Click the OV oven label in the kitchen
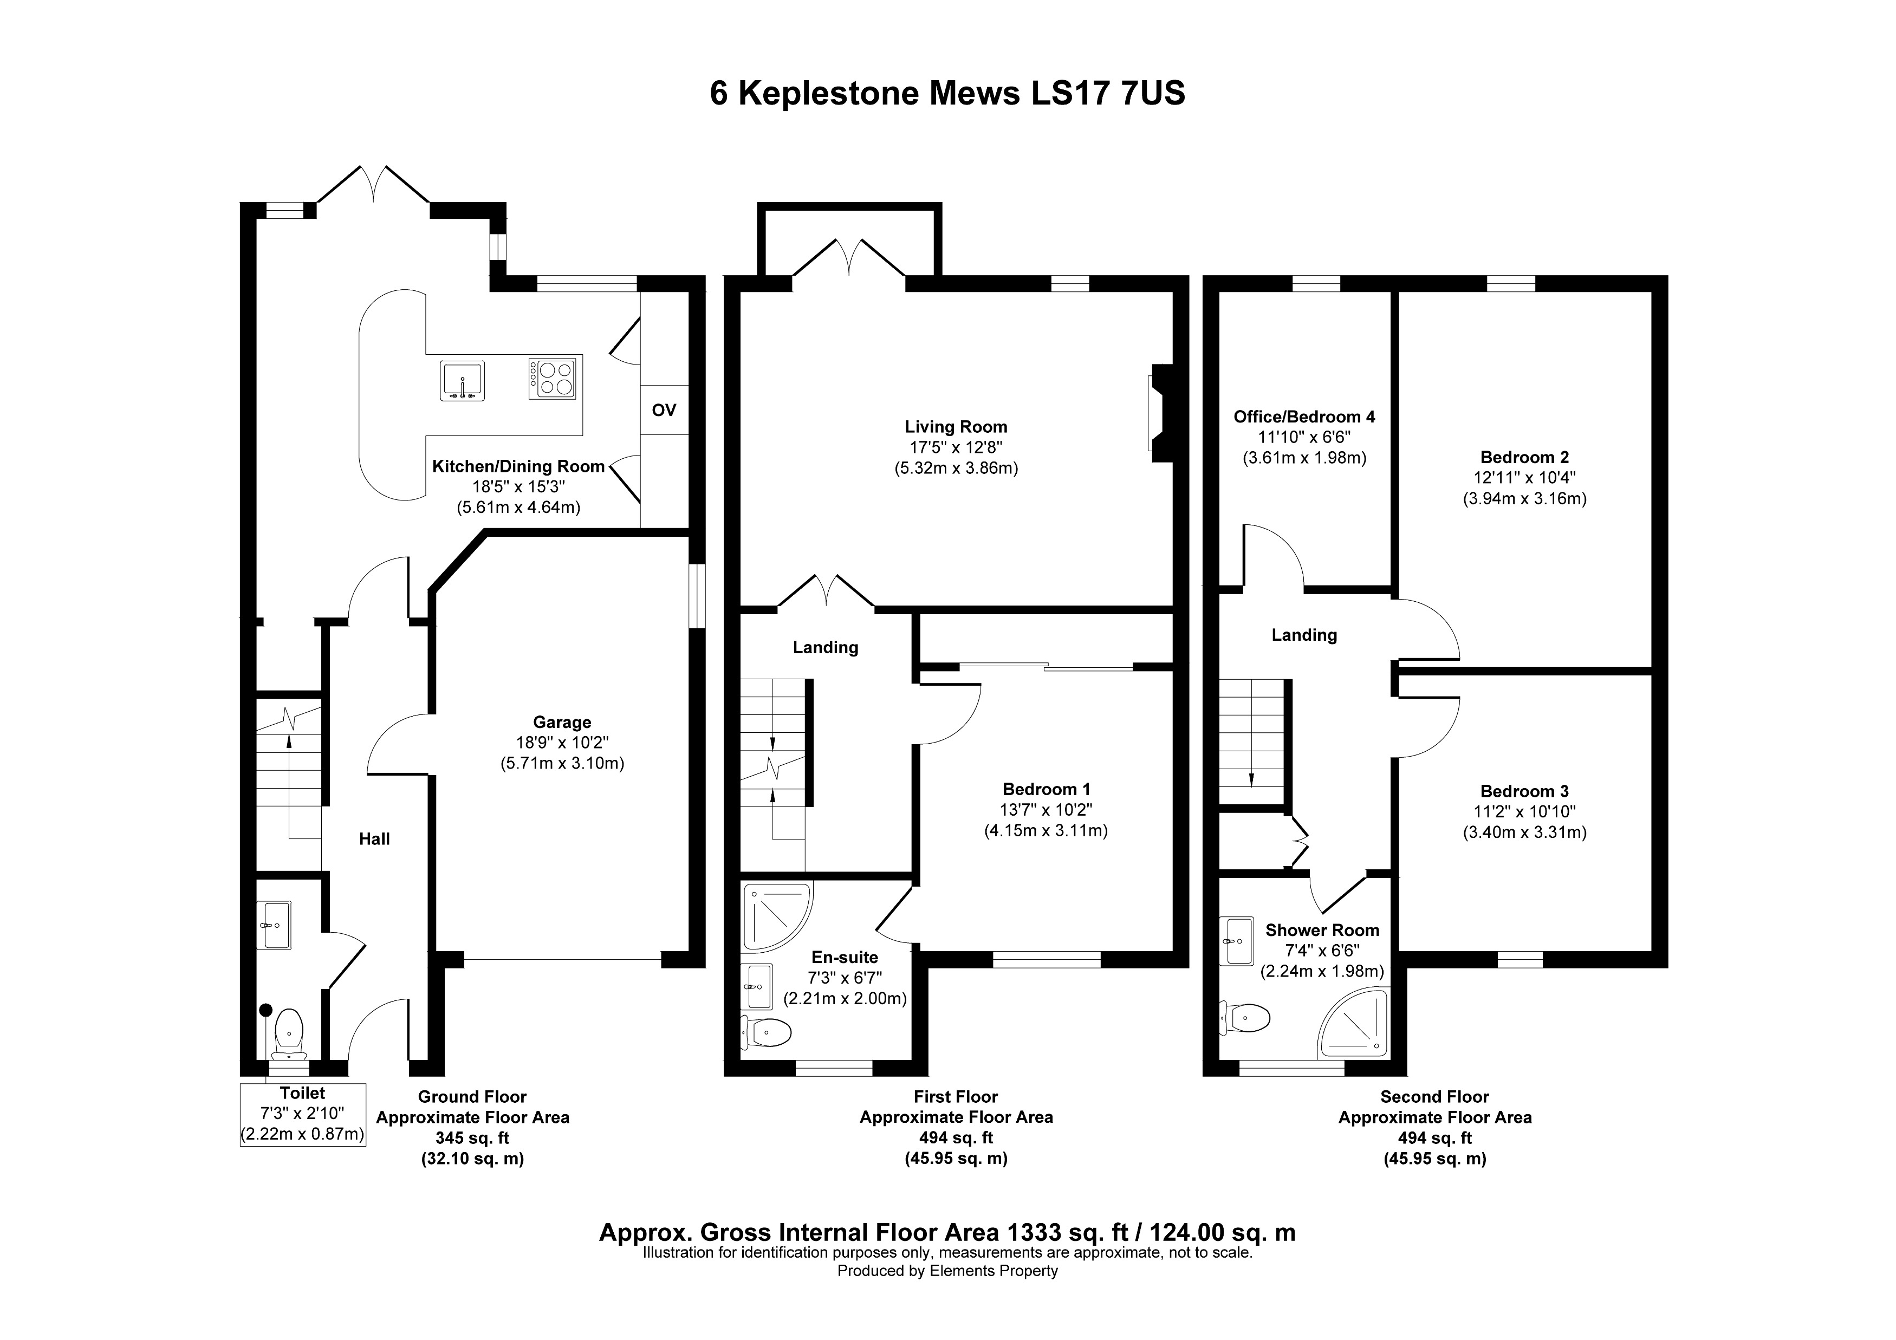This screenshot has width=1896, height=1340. coord(664,409)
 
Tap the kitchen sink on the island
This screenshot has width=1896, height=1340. coord(463,381)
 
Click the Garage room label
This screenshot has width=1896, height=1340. coord(562,723)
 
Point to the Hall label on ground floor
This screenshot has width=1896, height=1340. coord(374,839)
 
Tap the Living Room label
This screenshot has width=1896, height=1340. coord(956,427)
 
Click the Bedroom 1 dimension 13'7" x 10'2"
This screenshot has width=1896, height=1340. coord(1046,810)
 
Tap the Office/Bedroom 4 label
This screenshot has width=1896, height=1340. coord(1304,417)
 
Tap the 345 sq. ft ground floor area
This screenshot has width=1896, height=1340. coord(472,1138)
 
